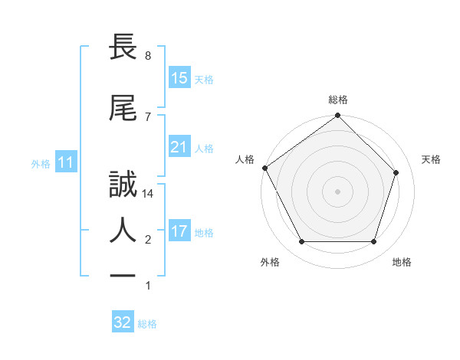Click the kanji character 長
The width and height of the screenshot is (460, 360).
[123, 47]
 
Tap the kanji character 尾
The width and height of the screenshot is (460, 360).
[123, 108]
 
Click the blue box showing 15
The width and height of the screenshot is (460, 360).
[179, 78]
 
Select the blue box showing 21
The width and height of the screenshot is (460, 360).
[179, 147]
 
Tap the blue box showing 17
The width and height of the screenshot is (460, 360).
[179, 231]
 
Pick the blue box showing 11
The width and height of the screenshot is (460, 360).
[65, 163]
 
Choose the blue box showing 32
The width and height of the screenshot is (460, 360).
[123, 322]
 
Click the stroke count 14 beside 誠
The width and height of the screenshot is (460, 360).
[148, 195]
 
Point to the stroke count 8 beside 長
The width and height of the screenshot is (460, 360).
[147, 56]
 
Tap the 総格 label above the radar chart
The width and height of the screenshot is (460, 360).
[338, 100]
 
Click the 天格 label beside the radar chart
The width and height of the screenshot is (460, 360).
[431, 159]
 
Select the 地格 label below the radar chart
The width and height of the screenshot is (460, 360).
[402, 262]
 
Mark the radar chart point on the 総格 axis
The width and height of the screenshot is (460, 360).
[338, 116]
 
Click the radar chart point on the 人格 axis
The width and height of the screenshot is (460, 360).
[264, 168]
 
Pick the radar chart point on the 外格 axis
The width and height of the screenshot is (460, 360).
[301, 242]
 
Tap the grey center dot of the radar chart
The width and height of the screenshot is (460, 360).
[338, 191]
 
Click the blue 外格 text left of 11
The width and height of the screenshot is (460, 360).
[40, 164]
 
